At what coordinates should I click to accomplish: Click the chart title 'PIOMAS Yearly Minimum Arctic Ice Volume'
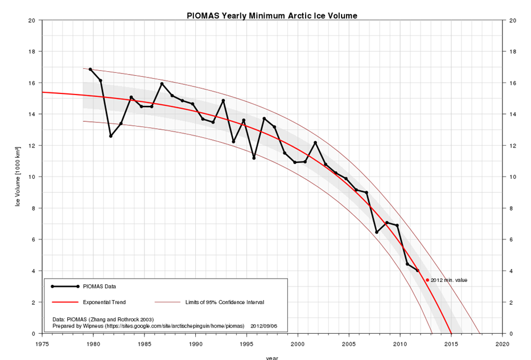(x=272, y=15)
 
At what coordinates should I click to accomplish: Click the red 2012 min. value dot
(x=427, y=280)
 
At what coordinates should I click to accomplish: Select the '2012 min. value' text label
(x=449, y=280)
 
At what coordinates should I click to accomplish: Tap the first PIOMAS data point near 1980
(x=90, y=69)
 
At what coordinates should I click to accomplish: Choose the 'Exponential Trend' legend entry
(x=104, y=302)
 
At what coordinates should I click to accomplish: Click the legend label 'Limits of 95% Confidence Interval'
(x=224, y=302)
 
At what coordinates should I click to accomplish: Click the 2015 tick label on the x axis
(x=451, y=345)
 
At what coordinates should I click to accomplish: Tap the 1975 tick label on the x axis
(x=42, y=345)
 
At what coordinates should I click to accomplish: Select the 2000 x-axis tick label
(x=298, y=345)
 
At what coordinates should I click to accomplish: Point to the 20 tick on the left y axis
(x=32, y=20)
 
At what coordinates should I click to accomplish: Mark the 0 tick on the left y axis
(x=34, y=333)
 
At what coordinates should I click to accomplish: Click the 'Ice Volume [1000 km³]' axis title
(x=18, y=177)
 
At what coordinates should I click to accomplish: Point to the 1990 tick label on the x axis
(x=196, y=345)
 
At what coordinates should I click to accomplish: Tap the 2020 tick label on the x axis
(x=502, y=345)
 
